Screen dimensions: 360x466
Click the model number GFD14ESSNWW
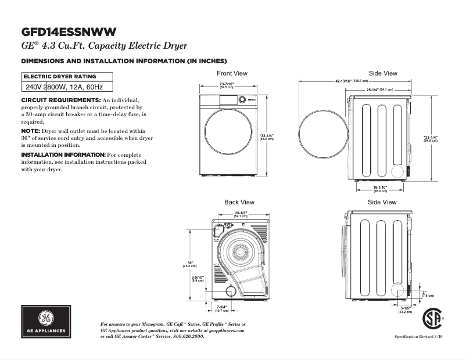pos(69,31)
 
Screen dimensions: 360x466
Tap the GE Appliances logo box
pos(46,321)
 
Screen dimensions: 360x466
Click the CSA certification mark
pos(432,318)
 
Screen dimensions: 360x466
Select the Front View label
pos(232,73)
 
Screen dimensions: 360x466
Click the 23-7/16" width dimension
pos(227,85)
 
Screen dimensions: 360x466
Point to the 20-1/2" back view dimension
pos(241,214)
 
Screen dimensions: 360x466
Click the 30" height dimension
pos(190,264)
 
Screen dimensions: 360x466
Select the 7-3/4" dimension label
pos(222,308)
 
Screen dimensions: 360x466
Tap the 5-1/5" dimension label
pos(405,309)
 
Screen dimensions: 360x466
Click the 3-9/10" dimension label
pos(198,279)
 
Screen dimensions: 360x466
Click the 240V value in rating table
pos(33,87)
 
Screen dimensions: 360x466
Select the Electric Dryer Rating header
pos(60,77)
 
